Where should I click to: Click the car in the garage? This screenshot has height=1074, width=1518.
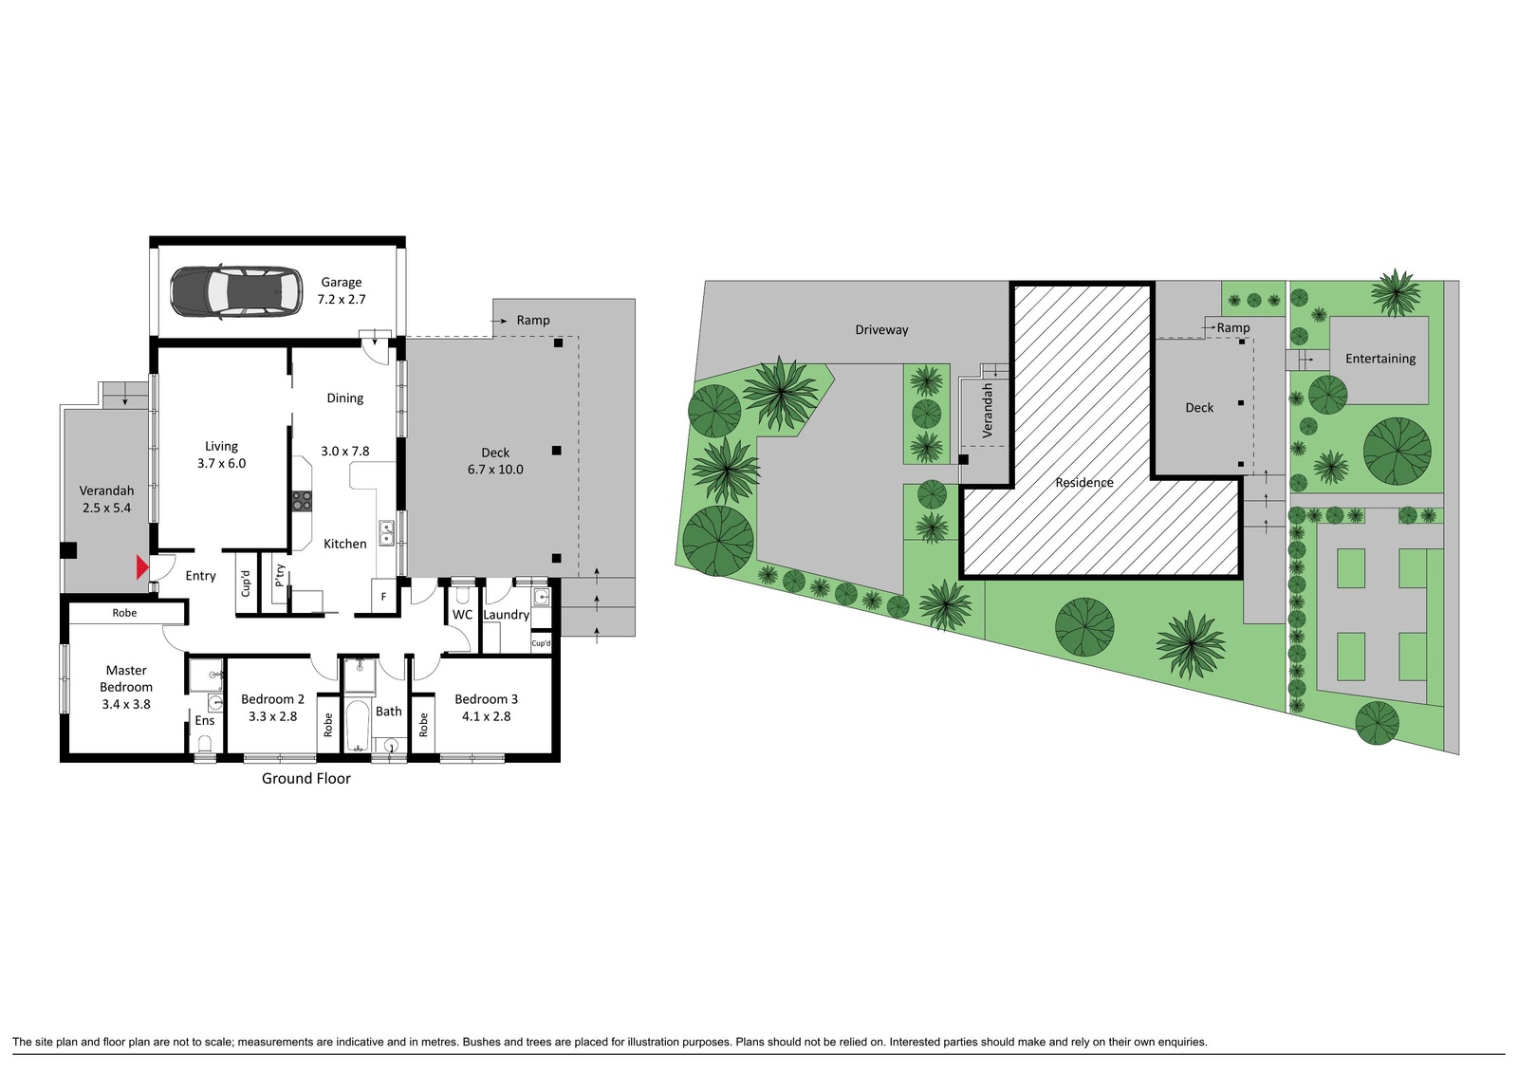pyautogui.click(x=236, y=291)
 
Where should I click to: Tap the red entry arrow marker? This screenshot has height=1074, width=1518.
pyautogui.click(x=142, y=567)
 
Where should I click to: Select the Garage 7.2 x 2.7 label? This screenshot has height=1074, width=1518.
pyautogui.click(x=342, y=290)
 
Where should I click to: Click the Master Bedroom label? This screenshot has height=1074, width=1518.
pyautogui.click(x=126, y=678)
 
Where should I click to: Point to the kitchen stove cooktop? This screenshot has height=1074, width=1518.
pyautogui.click(x=302, y=501)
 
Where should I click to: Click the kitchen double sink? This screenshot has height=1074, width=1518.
pyautogui.click(x=386, y=533)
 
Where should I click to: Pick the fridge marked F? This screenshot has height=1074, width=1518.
pyautogui.click(x=383, y=597)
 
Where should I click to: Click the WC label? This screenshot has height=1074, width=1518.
pyautogui.click(x=462, y=615)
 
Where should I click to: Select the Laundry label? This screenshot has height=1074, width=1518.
pyautogui.click(x=507, y=615)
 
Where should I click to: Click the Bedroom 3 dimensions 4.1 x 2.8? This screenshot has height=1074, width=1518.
pyautogui.click(x=486, y=716)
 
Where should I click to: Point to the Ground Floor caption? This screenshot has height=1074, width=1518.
pyautogui.click(x=306, y=779)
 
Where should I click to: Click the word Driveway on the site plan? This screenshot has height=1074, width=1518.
pyautogui.click(x=881, y=330)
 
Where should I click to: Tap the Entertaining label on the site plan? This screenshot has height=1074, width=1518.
pyautogui.click(x=1380, y=359)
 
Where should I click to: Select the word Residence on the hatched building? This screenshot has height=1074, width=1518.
pyautogui.click(x=1084, y=483)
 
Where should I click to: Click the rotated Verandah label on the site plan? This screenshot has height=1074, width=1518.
pyautogui.click(x=988, y=410)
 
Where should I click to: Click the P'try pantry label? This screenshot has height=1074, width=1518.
pyautogui.click(x=280, y=576)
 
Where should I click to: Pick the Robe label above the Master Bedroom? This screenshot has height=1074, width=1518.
pyautogui.click(x=124, y=613)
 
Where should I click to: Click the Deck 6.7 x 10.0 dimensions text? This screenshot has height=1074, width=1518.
pyautogui.click(x=495, y=469)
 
